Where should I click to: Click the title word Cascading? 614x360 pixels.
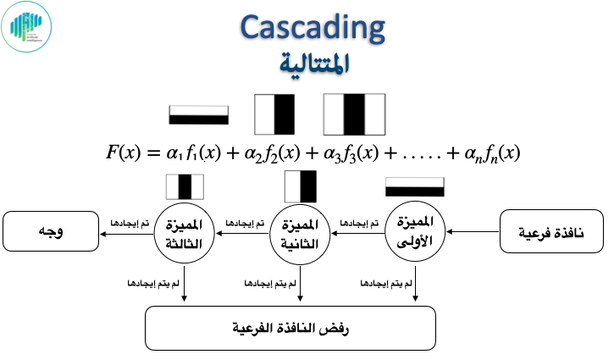coord(313,29)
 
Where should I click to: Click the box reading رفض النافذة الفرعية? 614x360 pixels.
coord(290,327)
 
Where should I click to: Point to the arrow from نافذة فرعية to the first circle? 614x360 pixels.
coord(473,230)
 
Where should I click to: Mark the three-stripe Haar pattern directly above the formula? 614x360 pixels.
coord(353,114)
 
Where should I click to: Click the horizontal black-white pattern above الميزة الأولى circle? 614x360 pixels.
coord(414,186)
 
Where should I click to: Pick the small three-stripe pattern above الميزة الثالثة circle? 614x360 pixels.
coord(185,186)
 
